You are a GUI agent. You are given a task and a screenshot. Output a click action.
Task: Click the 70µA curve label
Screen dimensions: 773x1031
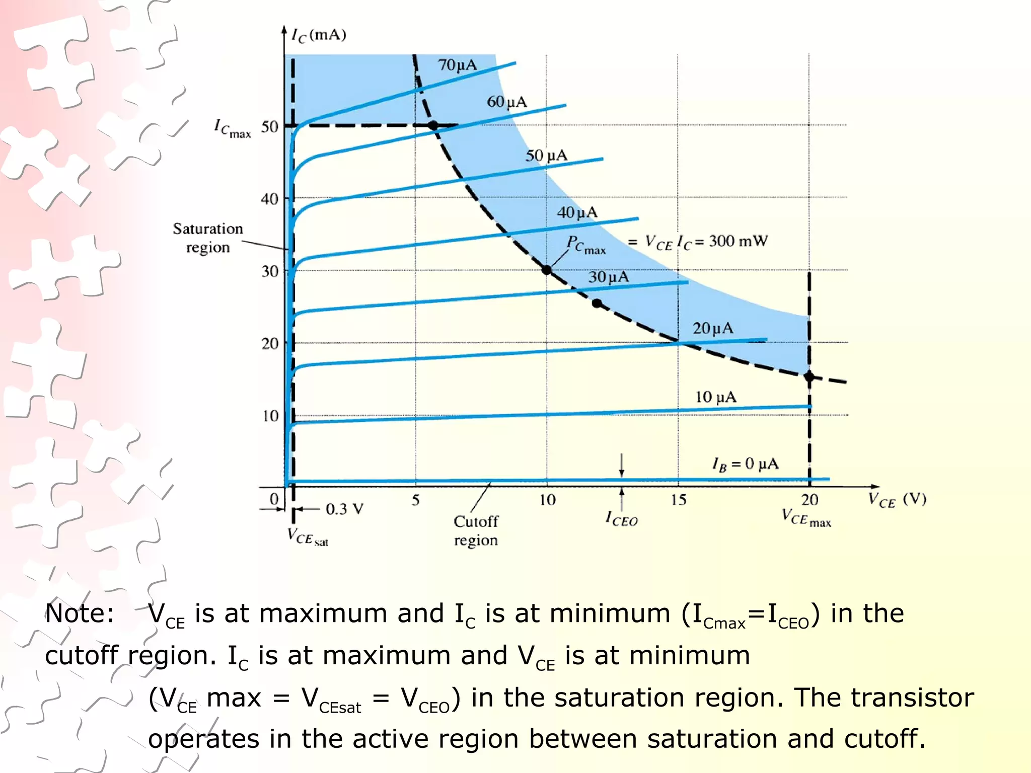(457, 65)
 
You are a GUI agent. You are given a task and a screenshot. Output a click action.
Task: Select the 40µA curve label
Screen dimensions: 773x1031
(577, 212)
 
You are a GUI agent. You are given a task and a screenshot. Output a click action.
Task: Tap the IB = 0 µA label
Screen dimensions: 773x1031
(745, 463)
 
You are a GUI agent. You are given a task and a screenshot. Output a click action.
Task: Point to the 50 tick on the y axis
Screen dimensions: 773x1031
(270, 127)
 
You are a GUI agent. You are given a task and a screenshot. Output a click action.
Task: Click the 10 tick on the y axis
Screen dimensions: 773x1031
(270, 416)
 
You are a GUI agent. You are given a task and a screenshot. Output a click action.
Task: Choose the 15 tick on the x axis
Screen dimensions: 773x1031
(678, 500)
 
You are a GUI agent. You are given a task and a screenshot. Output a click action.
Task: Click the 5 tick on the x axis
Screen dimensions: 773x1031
(416, 500)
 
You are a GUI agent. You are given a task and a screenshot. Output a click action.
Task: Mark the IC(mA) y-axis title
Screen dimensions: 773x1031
(319, 35)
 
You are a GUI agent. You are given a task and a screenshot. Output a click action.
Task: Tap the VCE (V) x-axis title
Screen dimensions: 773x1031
(897, 500)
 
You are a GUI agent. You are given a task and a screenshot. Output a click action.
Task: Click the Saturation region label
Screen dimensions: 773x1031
(208, 238)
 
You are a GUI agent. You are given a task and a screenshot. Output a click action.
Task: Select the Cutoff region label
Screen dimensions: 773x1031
(476, 530)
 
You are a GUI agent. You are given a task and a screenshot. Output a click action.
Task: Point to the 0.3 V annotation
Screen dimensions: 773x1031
(344, 509)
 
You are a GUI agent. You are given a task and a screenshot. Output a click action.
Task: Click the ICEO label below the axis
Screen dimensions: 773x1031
(622, 519)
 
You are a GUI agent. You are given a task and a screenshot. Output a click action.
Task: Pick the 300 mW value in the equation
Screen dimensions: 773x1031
(738, 241)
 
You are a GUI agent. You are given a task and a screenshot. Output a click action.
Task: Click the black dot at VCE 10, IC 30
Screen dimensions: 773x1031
(547, 270)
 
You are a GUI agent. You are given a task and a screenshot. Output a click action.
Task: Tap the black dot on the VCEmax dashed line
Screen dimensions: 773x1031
(809, 376)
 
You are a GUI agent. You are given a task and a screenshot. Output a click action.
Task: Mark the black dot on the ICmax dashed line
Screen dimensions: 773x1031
(433, 125)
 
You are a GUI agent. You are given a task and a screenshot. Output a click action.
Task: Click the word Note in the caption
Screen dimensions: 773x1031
(80, 613)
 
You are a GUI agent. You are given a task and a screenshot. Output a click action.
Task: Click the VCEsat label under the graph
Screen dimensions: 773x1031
(308, 537)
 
